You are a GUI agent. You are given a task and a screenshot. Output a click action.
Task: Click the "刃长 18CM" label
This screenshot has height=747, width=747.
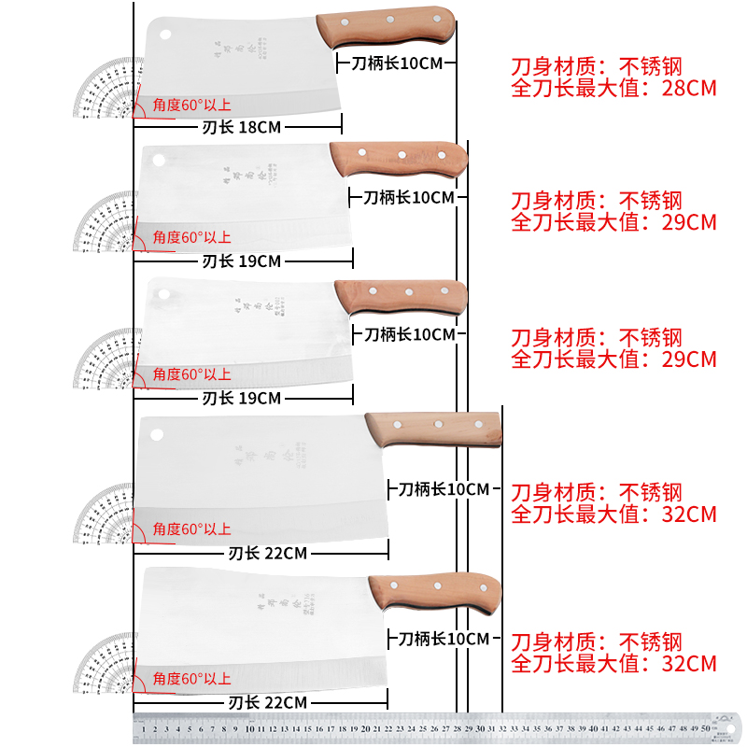[242, 127]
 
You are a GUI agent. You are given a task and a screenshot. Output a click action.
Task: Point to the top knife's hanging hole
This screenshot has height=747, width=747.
[165, 35]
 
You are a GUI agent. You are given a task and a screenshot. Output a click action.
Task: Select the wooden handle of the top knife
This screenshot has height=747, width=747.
[386, 29]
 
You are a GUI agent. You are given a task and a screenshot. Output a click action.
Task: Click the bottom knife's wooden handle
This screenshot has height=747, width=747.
[435, 589]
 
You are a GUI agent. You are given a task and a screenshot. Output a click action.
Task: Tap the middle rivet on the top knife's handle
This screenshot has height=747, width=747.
[386, 21]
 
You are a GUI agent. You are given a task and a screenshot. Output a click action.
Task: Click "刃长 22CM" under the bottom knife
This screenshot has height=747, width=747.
[267, 702]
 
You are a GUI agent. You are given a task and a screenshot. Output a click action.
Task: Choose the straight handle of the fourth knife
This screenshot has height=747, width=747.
[433, 429]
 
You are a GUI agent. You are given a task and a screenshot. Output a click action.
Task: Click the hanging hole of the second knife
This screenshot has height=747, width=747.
[159, 160]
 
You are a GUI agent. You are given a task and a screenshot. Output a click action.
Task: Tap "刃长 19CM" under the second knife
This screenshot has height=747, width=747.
[242, 261]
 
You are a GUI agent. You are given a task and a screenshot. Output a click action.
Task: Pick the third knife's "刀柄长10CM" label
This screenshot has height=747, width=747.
[409, 334]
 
